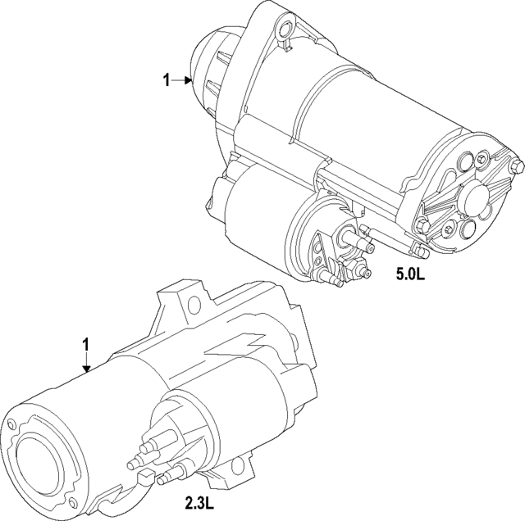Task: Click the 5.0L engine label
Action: (x=410, y=275)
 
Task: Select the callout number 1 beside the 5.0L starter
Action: (x=167, y=80)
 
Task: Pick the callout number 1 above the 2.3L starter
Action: (x=85, y=347)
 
